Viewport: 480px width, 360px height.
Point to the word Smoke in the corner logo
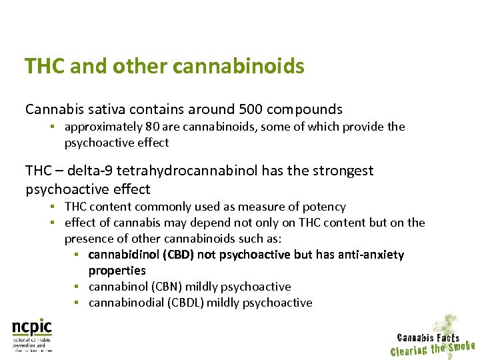click(461, 346)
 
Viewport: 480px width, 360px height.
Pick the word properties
click(117, 271)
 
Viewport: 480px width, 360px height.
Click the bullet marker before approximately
click(51, 127)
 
